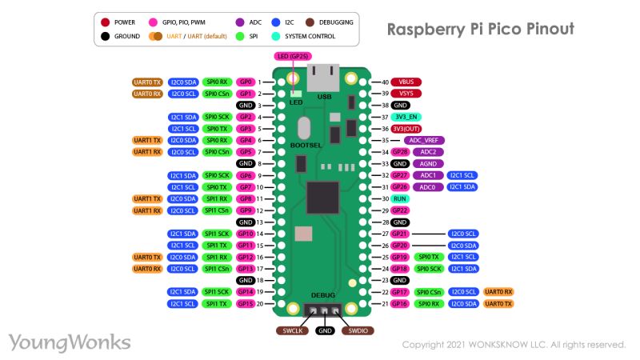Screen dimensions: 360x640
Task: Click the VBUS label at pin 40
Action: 406,82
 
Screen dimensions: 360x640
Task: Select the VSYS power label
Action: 406,94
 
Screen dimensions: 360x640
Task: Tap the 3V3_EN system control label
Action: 406,117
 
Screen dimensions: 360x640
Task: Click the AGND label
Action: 428,163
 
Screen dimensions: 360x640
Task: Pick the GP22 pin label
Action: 400,210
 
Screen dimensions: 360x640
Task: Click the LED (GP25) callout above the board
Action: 292,56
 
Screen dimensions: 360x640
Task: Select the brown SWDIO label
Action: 357,330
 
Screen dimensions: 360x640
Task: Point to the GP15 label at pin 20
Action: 246,304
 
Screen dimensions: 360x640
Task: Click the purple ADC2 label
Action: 428,152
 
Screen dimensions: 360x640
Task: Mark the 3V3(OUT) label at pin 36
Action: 406,129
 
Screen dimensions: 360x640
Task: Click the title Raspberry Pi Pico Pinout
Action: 480,30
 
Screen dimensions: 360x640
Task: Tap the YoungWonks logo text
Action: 70,342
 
